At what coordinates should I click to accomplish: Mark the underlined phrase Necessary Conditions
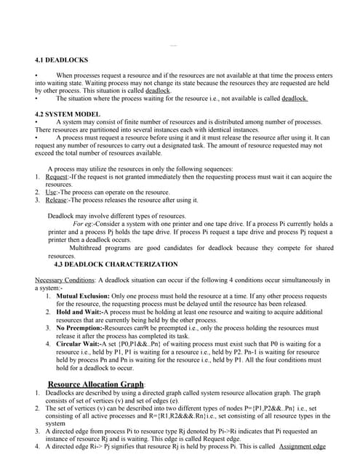[x=64, y=280]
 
